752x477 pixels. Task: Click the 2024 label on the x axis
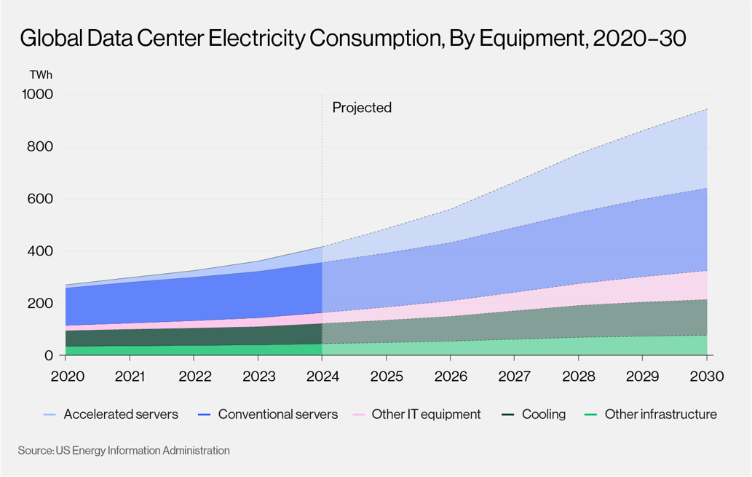pyautogui.click(x=322, y=377)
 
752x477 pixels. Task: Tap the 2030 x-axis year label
pyautogui.click(x=706, y=377)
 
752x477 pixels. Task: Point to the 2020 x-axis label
pyautogui.click(x=67, y=377)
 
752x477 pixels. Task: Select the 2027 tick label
pyautogui.click(x=515, y=377)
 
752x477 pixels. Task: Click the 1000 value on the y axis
pyautogui.click(x=37, y=94)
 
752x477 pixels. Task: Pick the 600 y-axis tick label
pyautogui.click(x=40, y=199)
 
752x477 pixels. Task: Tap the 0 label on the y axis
pyautogui.click(x=49, y=355)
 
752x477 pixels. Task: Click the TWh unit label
pyautogui.click(x=41, y=75)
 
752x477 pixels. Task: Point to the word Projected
pyautogui.click(x=362, y=108)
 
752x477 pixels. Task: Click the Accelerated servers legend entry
pyautogui.click(x=111, y=414)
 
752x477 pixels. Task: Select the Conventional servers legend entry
pyautogui.click(x=268, y=414)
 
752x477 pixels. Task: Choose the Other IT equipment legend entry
pyautogui.click(x=416, y=414)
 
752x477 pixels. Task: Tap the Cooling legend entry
pyautogui.click(x=534, y=414)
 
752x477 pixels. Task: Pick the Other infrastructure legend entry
pyautogui.click(x=651, y=414)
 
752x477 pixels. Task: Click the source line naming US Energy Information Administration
pyautogui.click(x=124, y=451)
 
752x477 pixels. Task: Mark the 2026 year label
pyautogui.click(x=451, y=377)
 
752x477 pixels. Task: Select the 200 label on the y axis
pyautogui.click(x=40, y=303)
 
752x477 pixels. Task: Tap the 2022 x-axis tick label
pyautogui.click(x=195, y=377)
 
